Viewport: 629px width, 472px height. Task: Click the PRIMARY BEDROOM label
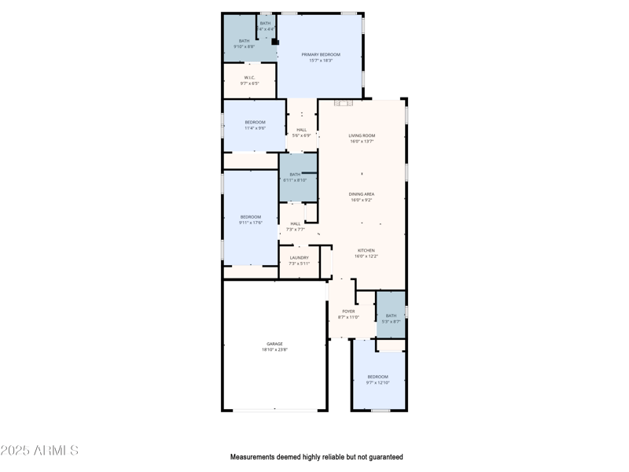tap(321, 54)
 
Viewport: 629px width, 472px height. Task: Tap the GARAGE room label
tap(274, 344)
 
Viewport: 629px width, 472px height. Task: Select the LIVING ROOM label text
tap(362, 136)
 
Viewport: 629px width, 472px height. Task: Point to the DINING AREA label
tap(362, 194)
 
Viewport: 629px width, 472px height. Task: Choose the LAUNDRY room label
tap(299, 257)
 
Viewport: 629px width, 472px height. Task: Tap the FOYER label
tap(348, 312)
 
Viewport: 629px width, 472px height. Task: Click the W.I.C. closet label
tap(249, 77)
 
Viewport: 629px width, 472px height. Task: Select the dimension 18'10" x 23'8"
tap(274, 349)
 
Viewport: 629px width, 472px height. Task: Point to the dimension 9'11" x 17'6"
tap(250, 223)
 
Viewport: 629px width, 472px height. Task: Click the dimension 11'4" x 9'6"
tap(255, 128)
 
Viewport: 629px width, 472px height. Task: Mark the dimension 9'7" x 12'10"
tap(377, 383)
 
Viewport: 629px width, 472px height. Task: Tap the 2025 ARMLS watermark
tap(39, 451)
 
